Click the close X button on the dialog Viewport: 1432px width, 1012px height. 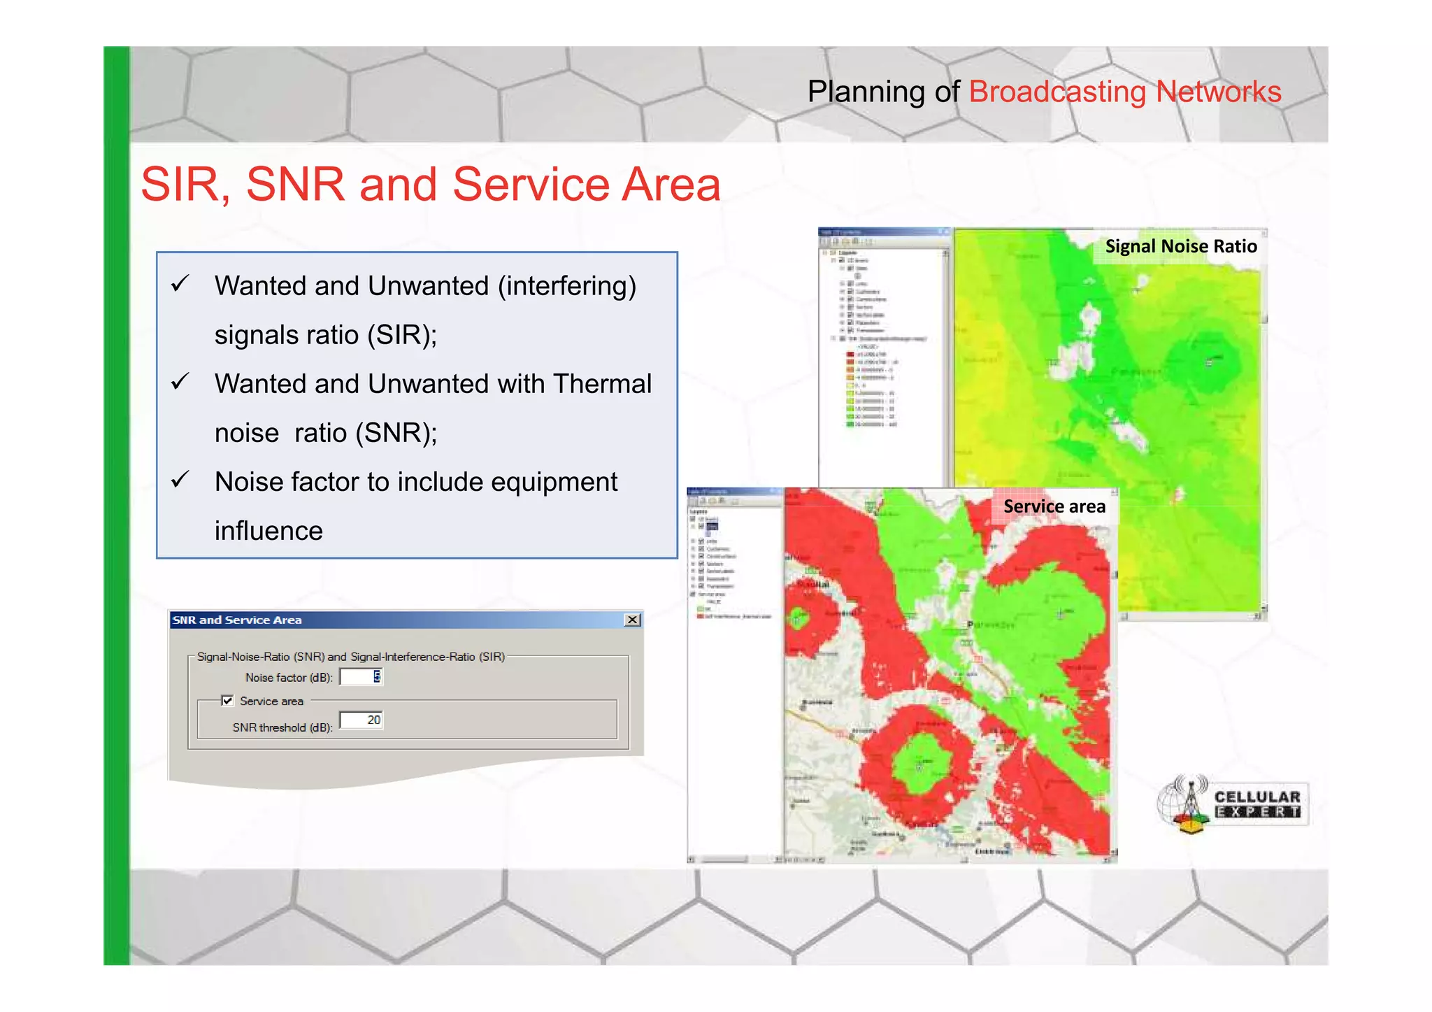pyautogui.click(x=632, y=620)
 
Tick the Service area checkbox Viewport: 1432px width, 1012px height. pyautogui.click(x=227, y=701)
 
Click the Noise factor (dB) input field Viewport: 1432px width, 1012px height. pyautogui.click(x=360, y=677)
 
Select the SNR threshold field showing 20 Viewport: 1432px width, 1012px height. pyautogui.click(x=361, y=720)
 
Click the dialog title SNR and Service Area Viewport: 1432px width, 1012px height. pyautogui.click(x=237, y=620)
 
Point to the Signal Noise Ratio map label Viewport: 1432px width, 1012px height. pyautogui.click(x=1180, y=246)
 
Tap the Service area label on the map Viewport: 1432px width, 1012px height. pyautogui.click(x=1054, y=506)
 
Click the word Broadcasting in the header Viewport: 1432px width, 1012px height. pyautogui.click(x=1057, y=92)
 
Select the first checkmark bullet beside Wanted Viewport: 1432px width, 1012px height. pyautogui.click(x=180, y=283)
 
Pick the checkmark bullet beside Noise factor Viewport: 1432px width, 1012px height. pyautogui.click(x=180, y=480)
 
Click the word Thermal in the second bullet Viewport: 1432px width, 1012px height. pyautogui.click(x=602, y=384)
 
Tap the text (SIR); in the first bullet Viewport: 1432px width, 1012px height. pyautogui.click(x=402, y=335)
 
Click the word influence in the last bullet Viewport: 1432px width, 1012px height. pyautogui.click(x=268, y=531)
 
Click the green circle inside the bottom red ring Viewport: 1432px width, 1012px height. pyautogui.click(x=922, y=764)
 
